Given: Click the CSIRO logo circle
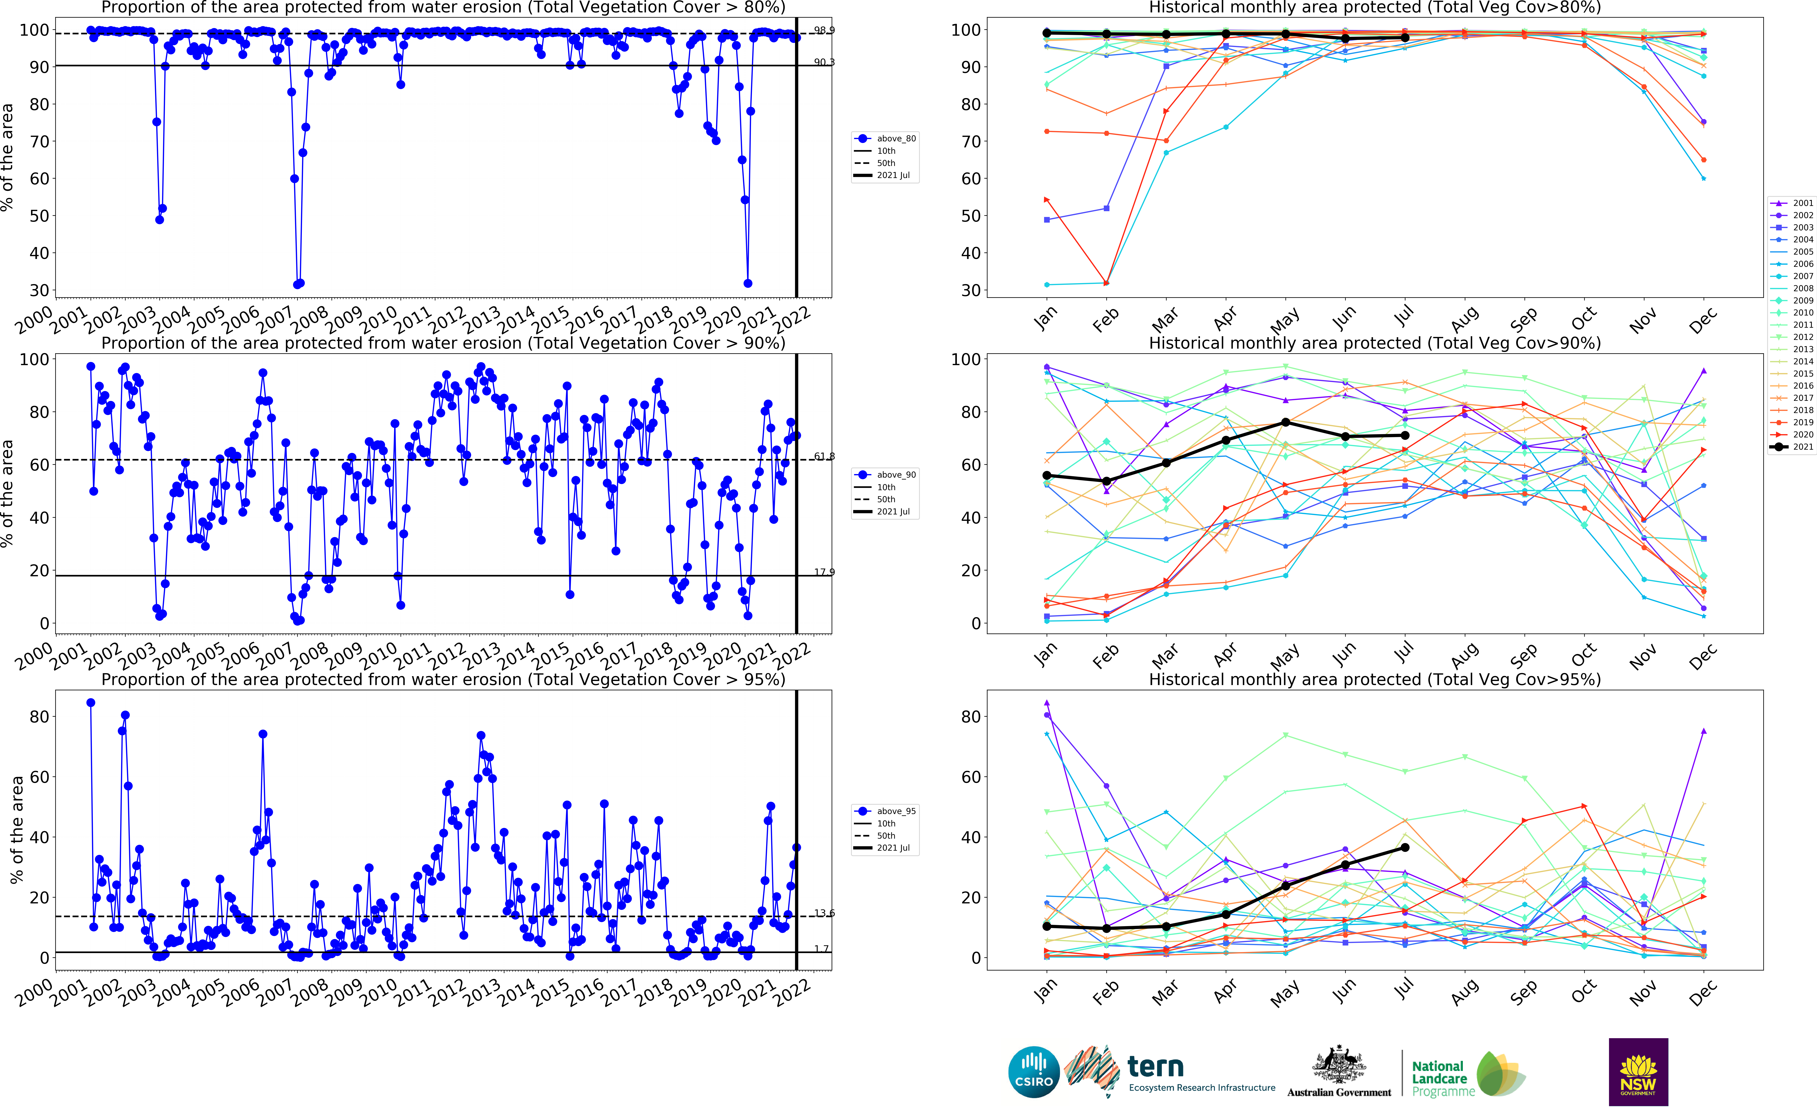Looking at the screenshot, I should pos(1034,1072).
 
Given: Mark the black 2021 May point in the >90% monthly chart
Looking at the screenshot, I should pos(1285,422).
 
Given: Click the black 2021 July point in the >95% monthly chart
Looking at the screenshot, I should pos(1405,847).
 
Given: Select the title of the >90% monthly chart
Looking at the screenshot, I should pos(1374,343).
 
